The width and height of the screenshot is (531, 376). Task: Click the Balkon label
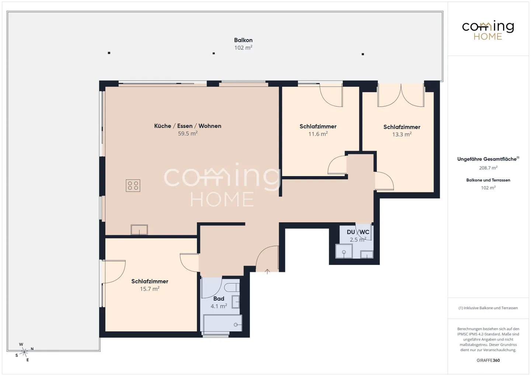coord(243,40)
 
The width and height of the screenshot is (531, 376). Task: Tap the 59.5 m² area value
coord(188,134)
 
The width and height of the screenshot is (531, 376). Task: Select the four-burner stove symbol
coord(133,186)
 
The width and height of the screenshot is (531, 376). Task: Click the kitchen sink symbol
coord(139,230)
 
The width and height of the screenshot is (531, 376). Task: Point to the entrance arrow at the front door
coord(267,272)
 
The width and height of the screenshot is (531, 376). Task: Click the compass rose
coord(24,352)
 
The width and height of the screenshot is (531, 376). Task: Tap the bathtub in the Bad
coord(222,324)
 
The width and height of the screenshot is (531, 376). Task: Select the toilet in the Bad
coord(232,287)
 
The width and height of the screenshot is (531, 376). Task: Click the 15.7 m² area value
coord(149,289)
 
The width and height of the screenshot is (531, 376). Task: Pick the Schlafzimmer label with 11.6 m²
coord(318,127)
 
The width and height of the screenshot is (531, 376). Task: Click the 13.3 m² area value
coord(402,135)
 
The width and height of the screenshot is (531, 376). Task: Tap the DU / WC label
coord(358,232)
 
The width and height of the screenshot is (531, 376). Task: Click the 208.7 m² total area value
coord(488,168)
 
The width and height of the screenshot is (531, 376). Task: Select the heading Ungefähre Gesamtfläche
coord(487,159)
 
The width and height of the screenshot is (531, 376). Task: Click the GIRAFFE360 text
coord(488,361)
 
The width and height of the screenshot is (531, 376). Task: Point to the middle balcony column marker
coord(214,54)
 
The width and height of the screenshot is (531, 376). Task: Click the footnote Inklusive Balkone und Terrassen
coord(488,308)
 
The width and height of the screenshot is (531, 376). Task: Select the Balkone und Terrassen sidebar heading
coord(488,180)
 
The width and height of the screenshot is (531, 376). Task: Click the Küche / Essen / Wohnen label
coord(188,126)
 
